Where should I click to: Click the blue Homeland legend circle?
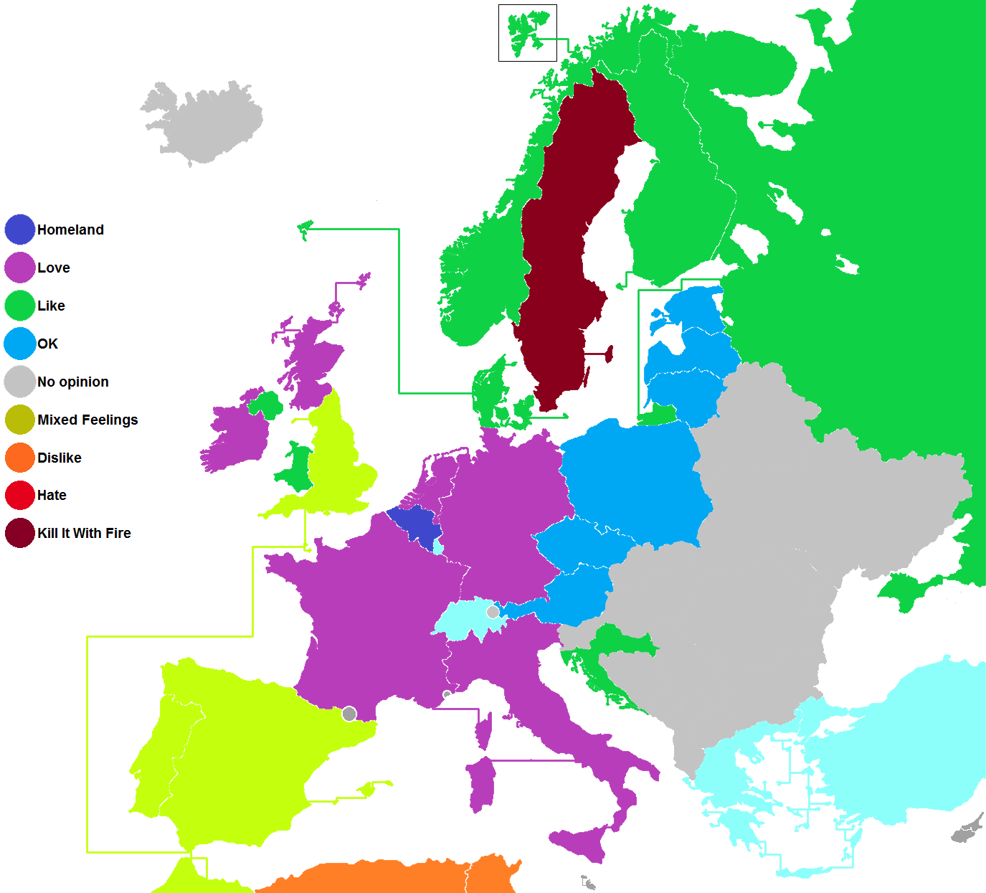point(19,230)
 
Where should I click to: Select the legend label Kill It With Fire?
point(84,533)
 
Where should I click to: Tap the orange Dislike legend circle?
point(19,458)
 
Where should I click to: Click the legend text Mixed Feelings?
point(87,420)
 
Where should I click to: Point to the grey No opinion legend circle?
point(19,382)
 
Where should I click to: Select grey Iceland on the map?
point(204,122)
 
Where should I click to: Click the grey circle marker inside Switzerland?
point(493,612)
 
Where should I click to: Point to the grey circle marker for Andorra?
point(349,714)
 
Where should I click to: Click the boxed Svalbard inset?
point(528,33)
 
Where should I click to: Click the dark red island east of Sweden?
point(610,354)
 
